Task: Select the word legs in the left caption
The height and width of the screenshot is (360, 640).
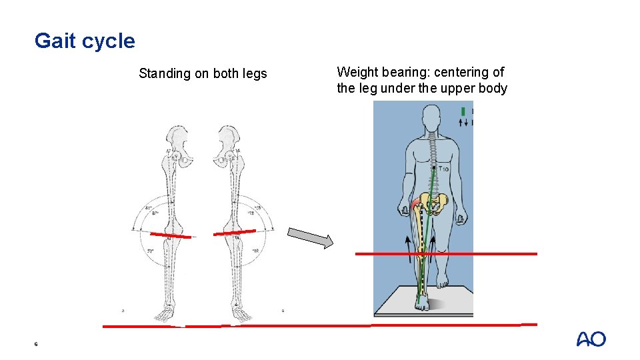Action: click(254, 74)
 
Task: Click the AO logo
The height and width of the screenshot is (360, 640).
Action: click(591, 339)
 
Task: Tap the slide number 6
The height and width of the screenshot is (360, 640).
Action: click(36, 344)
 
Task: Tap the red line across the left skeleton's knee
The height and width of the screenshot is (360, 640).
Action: click(171, 235)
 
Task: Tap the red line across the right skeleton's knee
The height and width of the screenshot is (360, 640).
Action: click(234, 232)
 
